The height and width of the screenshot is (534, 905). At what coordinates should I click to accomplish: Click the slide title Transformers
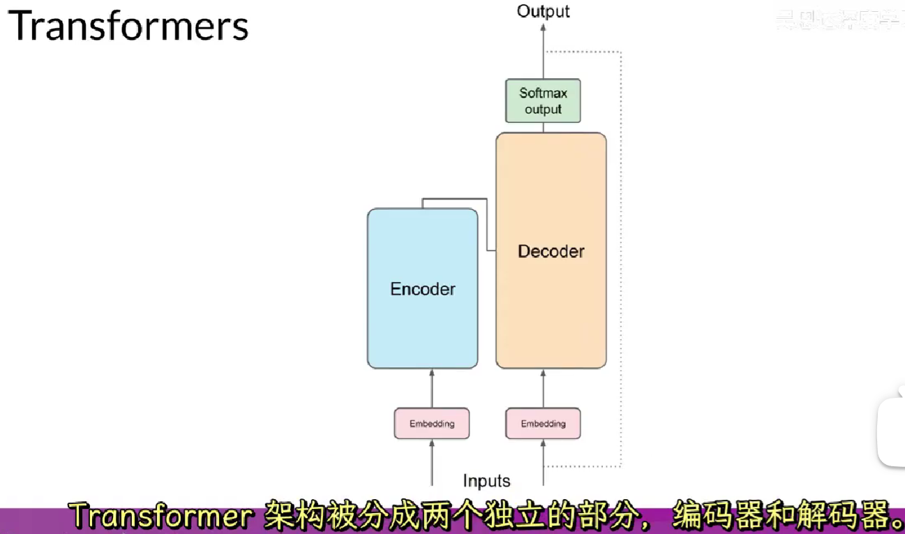pyautogui.click(x=128, y=27)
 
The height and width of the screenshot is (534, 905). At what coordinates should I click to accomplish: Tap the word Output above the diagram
pyautogui.click(x=543, y=11)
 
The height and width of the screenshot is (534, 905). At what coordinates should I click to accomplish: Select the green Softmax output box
pyautogui.click(x=543, y=101)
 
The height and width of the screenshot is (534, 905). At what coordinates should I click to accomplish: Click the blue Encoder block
pyautogui.click(x=422, y=288)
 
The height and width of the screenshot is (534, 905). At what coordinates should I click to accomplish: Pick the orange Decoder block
pyautogui.click(x=551, y=251)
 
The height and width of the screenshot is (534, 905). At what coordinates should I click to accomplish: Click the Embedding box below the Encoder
pyautogui.click(x=431, y=424)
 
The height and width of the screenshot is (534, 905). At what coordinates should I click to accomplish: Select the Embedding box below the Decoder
pyautogui.click(x=543, y=424)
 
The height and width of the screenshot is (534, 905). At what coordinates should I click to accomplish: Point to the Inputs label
pyautogui.click(x=486, y=481)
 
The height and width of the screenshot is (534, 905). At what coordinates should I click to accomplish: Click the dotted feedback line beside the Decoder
pyautogui.click(x=620, y=258)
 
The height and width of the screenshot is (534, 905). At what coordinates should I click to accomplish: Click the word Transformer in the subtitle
pyautogui.click(x=161, y=517)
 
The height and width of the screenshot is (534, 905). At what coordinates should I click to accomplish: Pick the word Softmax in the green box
pyautogui.click(x=543, y=94)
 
